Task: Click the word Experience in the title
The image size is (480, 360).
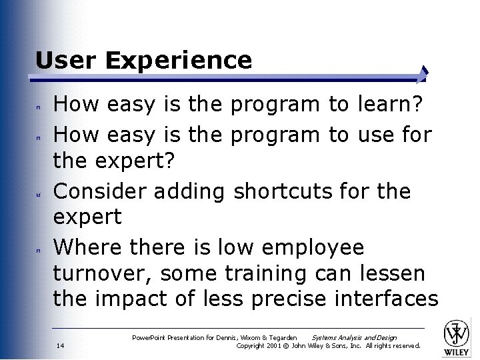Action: [179, 61]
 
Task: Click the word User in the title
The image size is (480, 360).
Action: [66, 61]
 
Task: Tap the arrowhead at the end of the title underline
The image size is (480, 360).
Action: [424, 74]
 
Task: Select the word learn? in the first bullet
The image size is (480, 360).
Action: [387, 105]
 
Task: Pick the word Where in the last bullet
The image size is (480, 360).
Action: [81, 247]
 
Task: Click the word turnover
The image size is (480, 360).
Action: [102, 273]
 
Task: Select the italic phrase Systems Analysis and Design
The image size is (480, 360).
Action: [354, 338]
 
